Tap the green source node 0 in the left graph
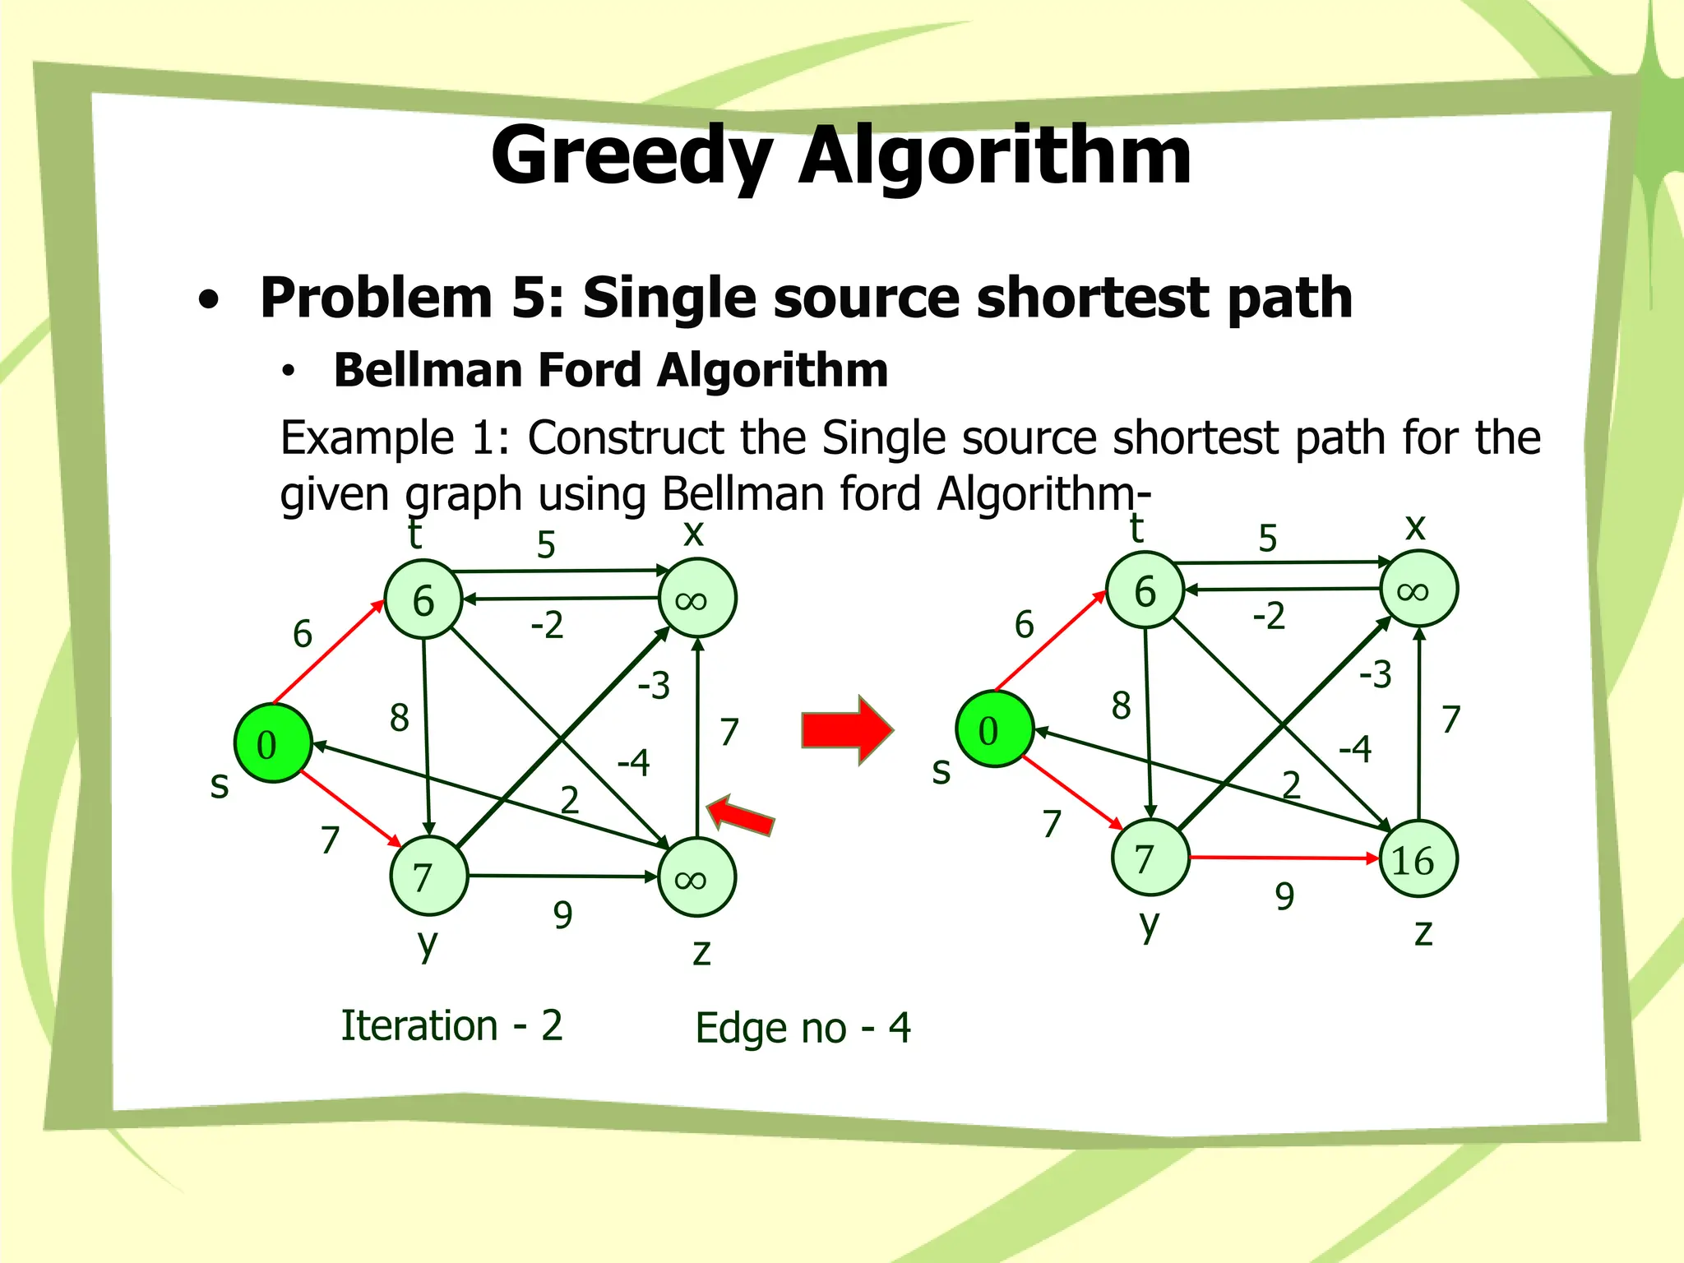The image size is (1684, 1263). pyautogui.click(x=273, y=743)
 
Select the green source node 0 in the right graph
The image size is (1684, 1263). pyautogui.click(x=994, y=729)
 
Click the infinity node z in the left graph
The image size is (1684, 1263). pyautogui.click(x=697, y=877)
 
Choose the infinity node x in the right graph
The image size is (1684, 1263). pyautogui.click(x=1419, y=590)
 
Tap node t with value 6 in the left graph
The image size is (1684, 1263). pyautogui.click(x=423, y=599)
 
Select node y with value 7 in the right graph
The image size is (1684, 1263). pyautogui.click(x=1150, y=858)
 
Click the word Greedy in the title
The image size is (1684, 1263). pyautogui.click(x=631, y=156)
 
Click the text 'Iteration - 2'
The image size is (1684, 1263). pyautogui.click(x=451, y=1025)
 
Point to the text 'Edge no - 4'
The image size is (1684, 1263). pyautogui.click(x=803, y=1028)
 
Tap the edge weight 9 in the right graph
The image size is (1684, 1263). pyautogui.click(x=1284, y=896)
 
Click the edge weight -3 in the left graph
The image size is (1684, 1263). pyautogui.click(x=655, y=685)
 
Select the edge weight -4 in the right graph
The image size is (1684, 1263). pyautogui.click(x=1355, y=749)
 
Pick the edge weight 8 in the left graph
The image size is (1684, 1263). pyautogui.click(x=400, y=718)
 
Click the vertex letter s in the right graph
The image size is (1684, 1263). pyautogui.click(x=941, y=770)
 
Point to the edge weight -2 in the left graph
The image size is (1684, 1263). pyautogui.click(x=547, y=625)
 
